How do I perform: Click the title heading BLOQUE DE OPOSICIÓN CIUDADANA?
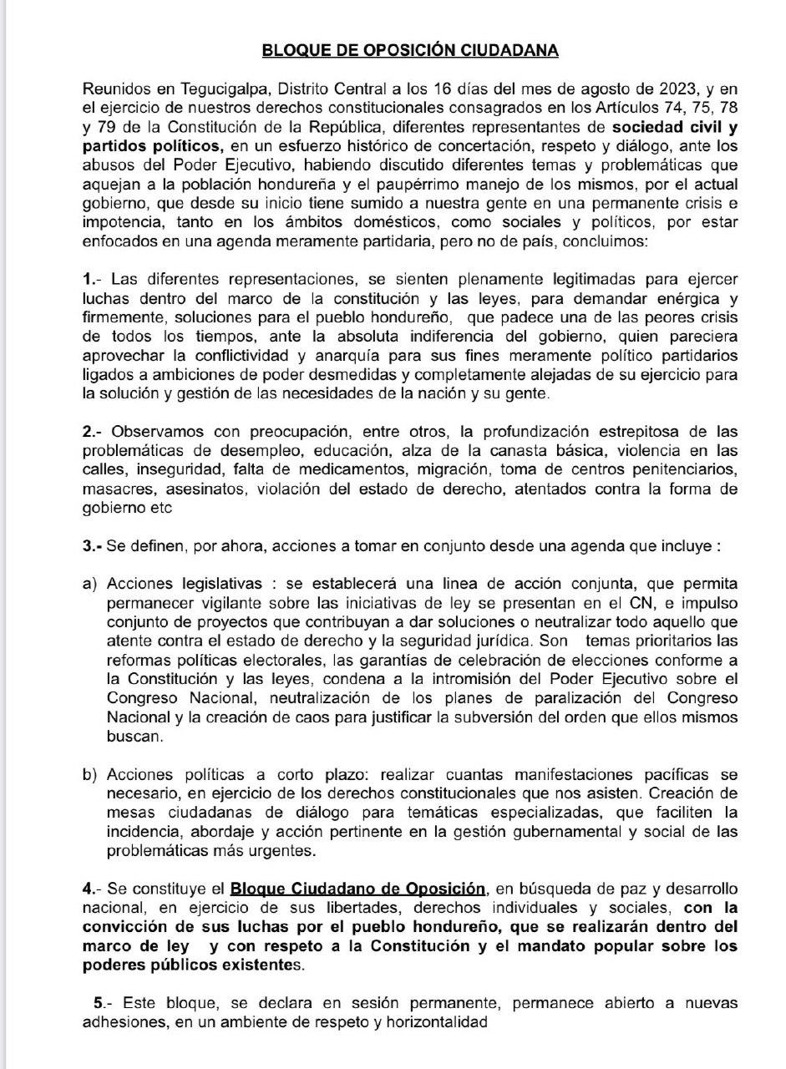(410, 50)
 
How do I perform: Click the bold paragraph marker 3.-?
(94, 545)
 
